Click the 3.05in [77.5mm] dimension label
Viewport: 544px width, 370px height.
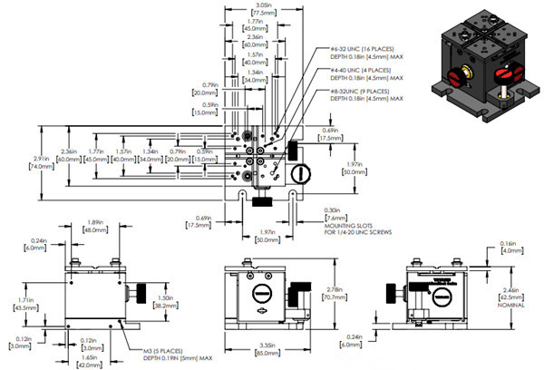pos(239,10)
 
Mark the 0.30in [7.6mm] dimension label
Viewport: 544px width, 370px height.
pos(335,214)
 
